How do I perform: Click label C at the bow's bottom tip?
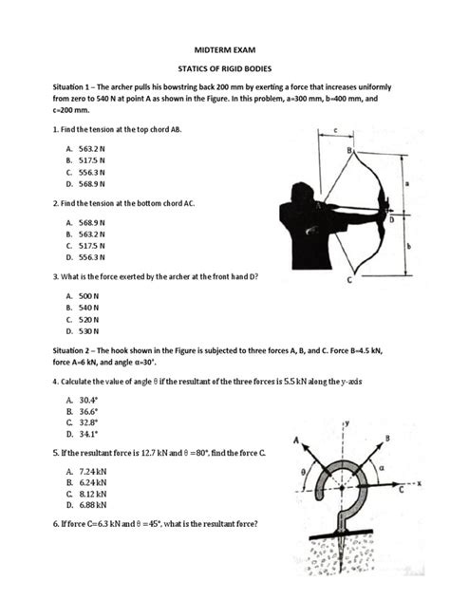pyautogui.click(x=350, y=281)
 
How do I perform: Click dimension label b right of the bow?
pyautogui.click(x=407, y=246)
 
